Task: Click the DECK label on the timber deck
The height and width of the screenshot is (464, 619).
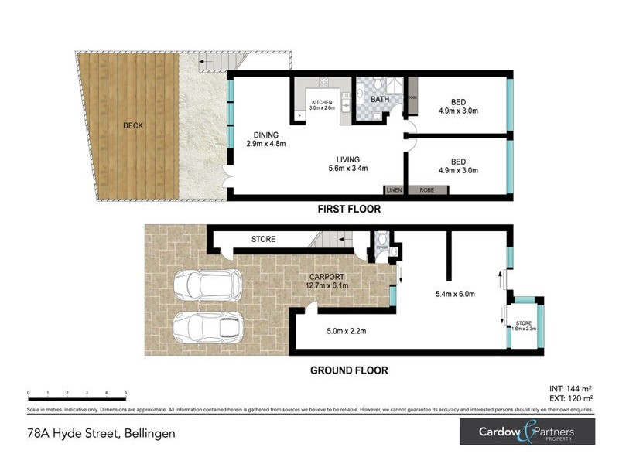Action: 132,125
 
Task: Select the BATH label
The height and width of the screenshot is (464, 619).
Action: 380,100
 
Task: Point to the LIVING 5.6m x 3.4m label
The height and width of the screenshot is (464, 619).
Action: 345,163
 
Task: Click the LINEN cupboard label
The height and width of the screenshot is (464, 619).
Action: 394,189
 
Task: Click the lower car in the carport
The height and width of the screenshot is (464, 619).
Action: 205,327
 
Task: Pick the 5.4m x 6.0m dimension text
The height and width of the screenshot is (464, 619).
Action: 455,295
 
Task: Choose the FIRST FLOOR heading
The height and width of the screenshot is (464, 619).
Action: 349,210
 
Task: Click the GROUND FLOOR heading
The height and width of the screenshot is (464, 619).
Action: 349,370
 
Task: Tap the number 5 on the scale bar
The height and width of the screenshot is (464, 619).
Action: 125,394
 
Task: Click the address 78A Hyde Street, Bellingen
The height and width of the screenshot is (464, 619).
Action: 101,433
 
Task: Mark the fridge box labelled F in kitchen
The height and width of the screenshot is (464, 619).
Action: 299,117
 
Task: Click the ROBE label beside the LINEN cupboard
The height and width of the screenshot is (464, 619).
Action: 426,189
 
